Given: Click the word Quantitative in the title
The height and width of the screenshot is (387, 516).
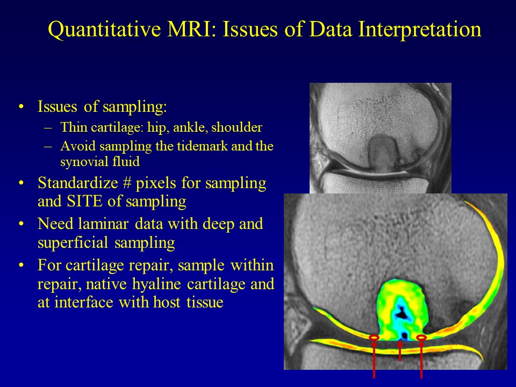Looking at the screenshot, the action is click(x=104, y=29).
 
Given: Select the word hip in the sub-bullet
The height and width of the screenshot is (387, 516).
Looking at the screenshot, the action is click(x=158, y=127).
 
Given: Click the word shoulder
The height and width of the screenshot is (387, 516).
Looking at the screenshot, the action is click(x=236, y=127).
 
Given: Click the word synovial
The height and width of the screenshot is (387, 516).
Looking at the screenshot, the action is click(x=84, y=162).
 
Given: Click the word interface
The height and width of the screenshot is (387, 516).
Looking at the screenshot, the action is click(x=84, y=302).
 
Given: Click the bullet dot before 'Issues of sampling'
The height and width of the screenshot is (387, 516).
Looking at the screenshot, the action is click(x=21, y=107).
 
